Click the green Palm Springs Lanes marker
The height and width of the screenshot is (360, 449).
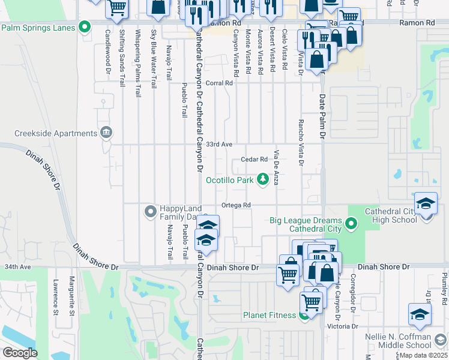(85, 26)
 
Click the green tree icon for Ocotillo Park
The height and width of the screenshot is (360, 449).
(262, 179)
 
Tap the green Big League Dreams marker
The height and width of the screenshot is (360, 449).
(351, 225)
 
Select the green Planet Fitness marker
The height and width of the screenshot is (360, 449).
(304, 316)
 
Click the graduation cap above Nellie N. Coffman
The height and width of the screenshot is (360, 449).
(419, 314)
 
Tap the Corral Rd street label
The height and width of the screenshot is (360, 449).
(219, 83)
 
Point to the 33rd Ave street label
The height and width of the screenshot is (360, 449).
(219, 145)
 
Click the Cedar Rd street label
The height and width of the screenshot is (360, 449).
(253, 160)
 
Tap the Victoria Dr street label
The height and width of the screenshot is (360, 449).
(342, 326)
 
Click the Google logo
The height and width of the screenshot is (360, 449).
(20, 353)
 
